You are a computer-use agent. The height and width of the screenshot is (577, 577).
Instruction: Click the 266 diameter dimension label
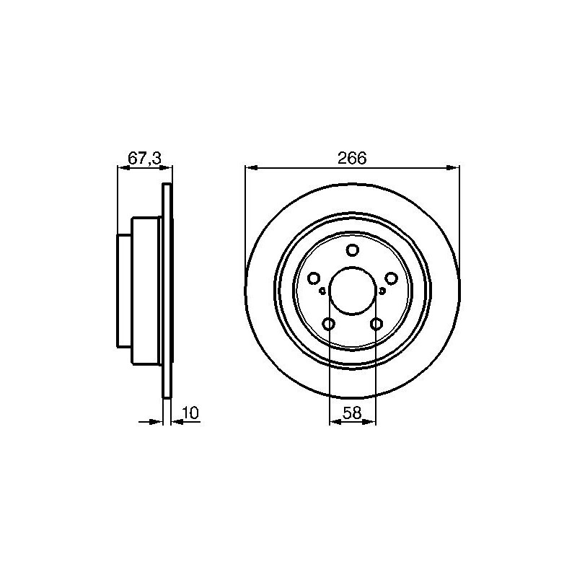click(352, 158)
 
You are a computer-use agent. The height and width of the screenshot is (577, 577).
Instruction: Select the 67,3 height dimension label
click(145, 158)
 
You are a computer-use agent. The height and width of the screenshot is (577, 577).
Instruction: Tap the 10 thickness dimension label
click(190, 413)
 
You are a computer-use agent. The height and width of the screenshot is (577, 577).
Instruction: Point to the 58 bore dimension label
click(352, 413)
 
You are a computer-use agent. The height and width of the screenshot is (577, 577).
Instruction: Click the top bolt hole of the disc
click(352, 250)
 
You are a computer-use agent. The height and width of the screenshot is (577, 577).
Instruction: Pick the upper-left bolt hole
click(314, 278)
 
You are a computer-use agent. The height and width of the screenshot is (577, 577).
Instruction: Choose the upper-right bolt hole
click(391, 278)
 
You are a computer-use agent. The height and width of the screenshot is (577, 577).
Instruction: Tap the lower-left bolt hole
click(328, 324)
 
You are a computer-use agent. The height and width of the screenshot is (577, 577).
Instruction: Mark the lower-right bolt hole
click(376, 324)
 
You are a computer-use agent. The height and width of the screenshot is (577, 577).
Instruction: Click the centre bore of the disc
click(352, 291)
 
